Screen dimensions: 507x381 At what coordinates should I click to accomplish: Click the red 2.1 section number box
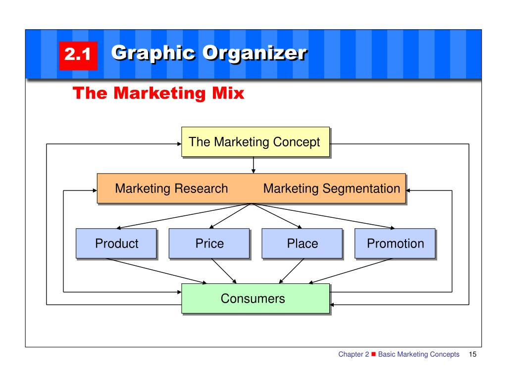point(78,56)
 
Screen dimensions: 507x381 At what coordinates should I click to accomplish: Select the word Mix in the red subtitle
point(228,93)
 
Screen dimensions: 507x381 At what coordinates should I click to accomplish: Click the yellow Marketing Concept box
point(255,142)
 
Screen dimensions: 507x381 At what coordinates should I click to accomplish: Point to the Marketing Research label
point(171,189)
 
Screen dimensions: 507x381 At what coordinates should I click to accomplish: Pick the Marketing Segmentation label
point(332,189)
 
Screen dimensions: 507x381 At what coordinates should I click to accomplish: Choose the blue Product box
point(116,243)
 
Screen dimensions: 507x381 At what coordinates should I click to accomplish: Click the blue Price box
point(209,243)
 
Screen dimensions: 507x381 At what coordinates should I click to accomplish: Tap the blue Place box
point(302,243)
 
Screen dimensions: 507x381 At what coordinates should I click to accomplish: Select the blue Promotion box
point(395,243)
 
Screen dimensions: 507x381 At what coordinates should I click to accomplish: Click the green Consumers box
point(255,298)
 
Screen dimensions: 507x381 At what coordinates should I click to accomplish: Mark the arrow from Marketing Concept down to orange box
point(253,165)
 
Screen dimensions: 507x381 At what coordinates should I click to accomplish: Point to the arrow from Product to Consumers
point(156,271)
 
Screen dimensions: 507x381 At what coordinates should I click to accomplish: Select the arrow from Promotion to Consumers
point(351,271)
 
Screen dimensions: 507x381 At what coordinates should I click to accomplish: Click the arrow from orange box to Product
point(184,216)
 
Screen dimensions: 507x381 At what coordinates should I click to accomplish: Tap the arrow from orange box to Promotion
point(323,216)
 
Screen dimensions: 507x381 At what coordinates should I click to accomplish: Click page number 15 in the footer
point(472,354)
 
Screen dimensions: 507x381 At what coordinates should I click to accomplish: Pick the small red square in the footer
point(373,354)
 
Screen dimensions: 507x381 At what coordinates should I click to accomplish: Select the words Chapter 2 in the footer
point(354,354)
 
